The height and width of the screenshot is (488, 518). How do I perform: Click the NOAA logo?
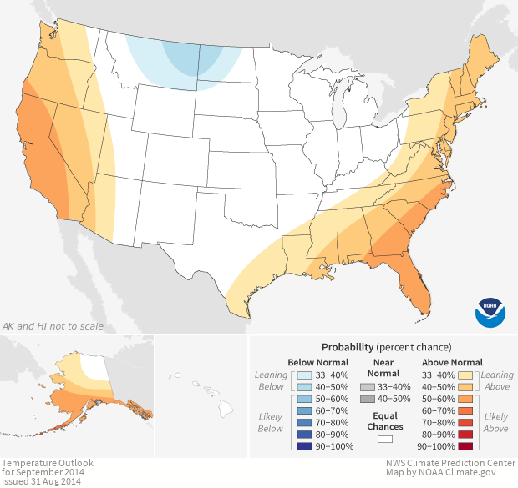click(x=490, y=311)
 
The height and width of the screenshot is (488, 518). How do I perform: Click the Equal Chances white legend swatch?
click(x=384, y=438)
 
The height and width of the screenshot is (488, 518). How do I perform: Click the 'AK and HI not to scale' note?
click(x=53, y=326)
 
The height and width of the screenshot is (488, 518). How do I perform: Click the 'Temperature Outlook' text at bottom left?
click(x=47, y=463)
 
